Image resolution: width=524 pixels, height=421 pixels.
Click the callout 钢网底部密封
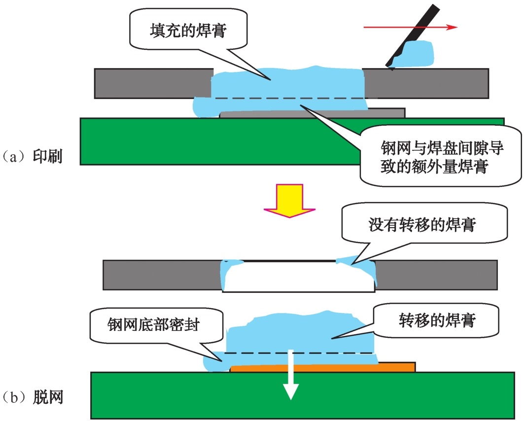click(x=153, y=325)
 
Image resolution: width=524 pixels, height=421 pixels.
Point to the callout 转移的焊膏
click(x=437, y=321)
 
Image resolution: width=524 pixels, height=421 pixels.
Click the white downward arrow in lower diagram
click(x=291, y=375)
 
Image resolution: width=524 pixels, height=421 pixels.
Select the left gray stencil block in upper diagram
click(x=148, y=83)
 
